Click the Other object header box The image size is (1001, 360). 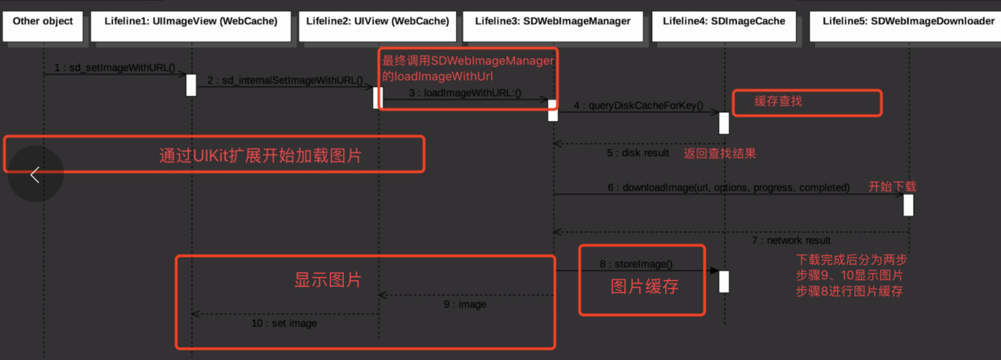click(x=43, y=22)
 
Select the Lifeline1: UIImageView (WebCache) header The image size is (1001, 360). click(x=191, y=22)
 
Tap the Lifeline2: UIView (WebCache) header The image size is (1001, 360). click(x=378, y=22)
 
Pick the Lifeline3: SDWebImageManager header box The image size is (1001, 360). click(x=553, y=22)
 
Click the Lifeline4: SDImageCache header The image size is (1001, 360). click(x=723, y=22)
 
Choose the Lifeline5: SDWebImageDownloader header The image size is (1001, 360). click(x=907, y=22)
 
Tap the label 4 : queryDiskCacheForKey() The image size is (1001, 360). click(x=639, y=105)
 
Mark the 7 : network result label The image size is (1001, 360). click(x=791, y=240)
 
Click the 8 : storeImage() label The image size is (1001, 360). click(x=635, y=264)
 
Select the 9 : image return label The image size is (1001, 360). click(x=465, y=305)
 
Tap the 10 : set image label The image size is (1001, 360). click(x=283, y=323)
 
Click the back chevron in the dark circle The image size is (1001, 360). click(x=35, y=174)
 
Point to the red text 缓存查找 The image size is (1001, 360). click(x=778, y=102)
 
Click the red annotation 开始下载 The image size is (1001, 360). click(x=892, y=186)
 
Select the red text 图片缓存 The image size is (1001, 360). click(x=643, y=287)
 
